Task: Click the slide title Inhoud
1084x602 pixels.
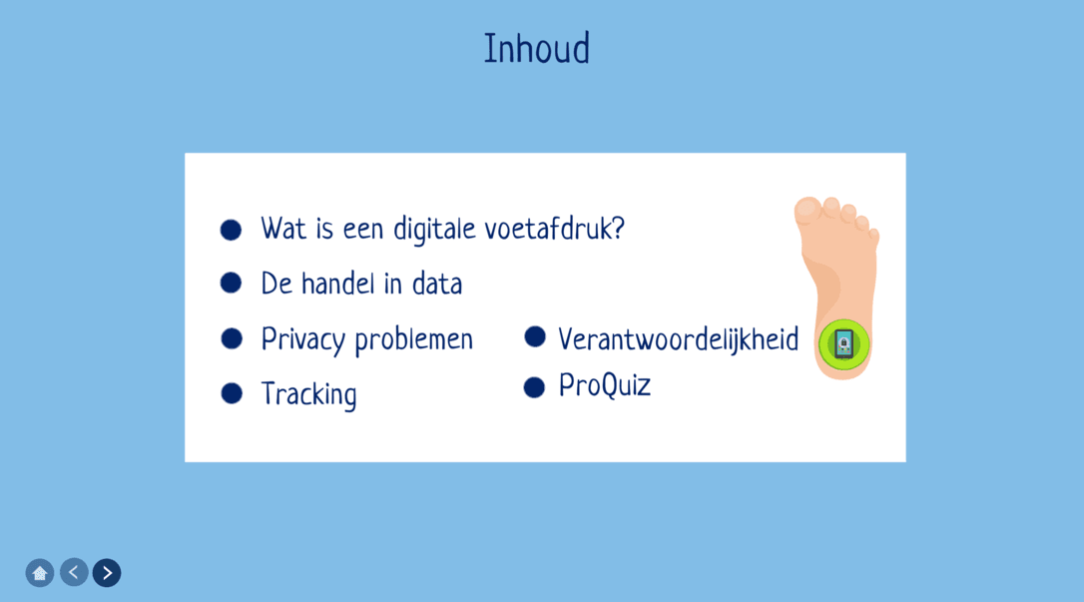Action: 536,48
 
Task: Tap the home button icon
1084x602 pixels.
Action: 40,573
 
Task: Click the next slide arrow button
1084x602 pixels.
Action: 107,573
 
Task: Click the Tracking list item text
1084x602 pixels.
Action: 308,394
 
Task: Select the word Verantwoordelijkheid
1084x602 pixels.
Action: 678,339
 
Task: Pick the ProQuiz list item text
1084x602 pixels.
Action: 604,385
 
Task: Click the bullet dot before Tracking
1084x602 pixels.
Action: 232,393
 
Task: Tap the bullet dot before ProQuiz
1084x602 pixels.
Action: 534,387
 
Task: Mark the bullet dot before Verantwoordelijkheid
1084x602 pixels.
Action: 535,336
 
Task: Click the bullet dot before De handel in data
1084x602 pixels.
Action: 231,283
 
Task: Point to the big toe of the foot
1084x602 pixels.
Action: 808,210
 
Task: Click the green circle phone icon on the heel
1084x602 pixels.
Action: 844,344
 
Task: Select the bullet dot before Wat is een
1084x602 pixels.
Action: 231,230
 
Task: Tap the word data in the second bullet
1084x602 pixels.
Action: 437,284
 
